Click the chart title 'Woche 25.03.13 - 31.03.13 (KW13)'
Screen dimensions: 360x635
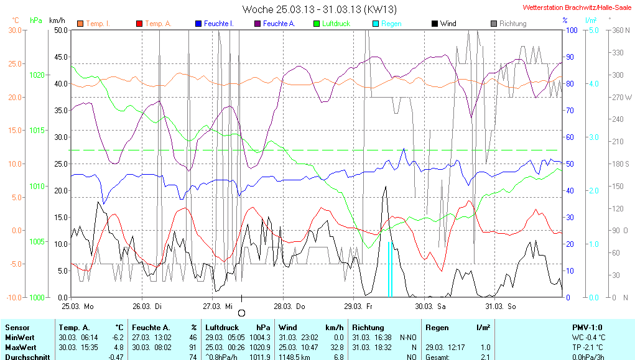[x=320, y=9]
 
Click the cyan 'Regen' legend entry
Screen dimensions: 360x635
[x=391, y=24]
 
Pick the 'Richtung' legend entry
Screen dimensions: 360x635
[x=512, y=24]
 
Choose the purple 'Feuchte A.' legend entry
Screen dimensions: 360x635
[x=279, y=24]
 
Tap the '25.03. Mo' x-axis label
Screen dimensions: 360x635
[x=78, y=307]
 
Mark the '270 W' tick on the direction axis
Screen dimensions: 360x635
[x=623, y=97]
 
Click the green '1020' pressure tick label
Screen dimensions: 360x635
[x=37, y=75]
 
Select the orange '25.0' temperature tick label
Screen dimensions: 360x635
[x=14, y=63]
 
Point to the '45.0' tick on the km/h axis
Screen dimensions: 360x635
[x=60, y=57]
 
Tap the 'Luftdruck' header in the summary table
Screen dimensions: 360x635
[x=220, y=327]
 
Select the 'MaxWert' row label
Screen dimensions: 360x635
[x=20, y=347]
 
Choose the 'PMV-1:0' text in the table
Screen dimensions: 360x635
[x=586, y=327]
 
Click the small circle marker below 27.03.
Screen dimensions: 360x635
[x=242, y=313]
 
